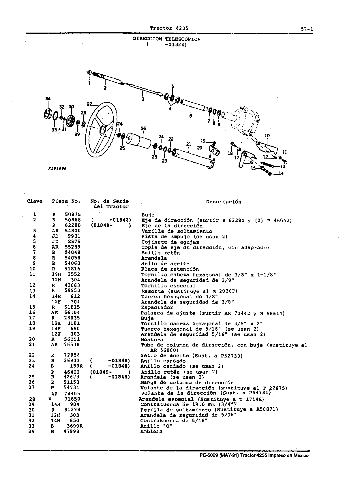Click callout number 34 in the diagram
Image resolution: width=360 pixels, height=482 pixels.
(48, 99)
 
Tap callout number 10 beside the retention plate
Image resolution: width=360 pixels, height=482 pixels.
(267, 135)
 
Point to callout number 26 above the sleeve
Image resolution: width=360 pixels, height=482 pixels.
(143, 128)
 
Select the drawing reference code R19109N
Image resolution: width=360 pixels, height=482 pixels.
(57, 168)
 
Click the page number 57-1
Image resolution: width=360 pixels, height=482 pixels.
(307, 29)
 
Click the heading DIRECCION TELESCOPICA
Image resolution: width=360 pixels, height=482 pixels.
(167, 39)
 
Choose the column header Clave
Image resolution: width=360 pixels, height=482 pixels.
(35, 201)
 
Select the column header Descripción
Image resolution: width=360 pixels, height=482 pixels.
(224, 202)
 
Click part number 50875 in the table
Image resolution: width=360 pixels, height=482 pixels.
(73, 214)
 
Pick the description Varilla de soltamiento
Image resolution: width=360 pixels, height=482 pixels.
(177, 231)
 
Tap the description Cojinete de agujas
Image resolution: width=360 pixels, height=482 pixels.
(170, 242)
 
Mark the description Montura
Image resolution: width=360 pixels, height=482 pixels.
(152, 340)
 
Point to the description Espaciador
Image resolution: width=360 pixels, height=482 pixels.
(157, 307)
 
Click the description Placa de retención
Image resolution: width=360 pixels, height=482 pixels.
(170, 269)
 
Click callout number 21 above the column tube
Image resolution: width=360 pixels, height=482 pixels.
(188, 144)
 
